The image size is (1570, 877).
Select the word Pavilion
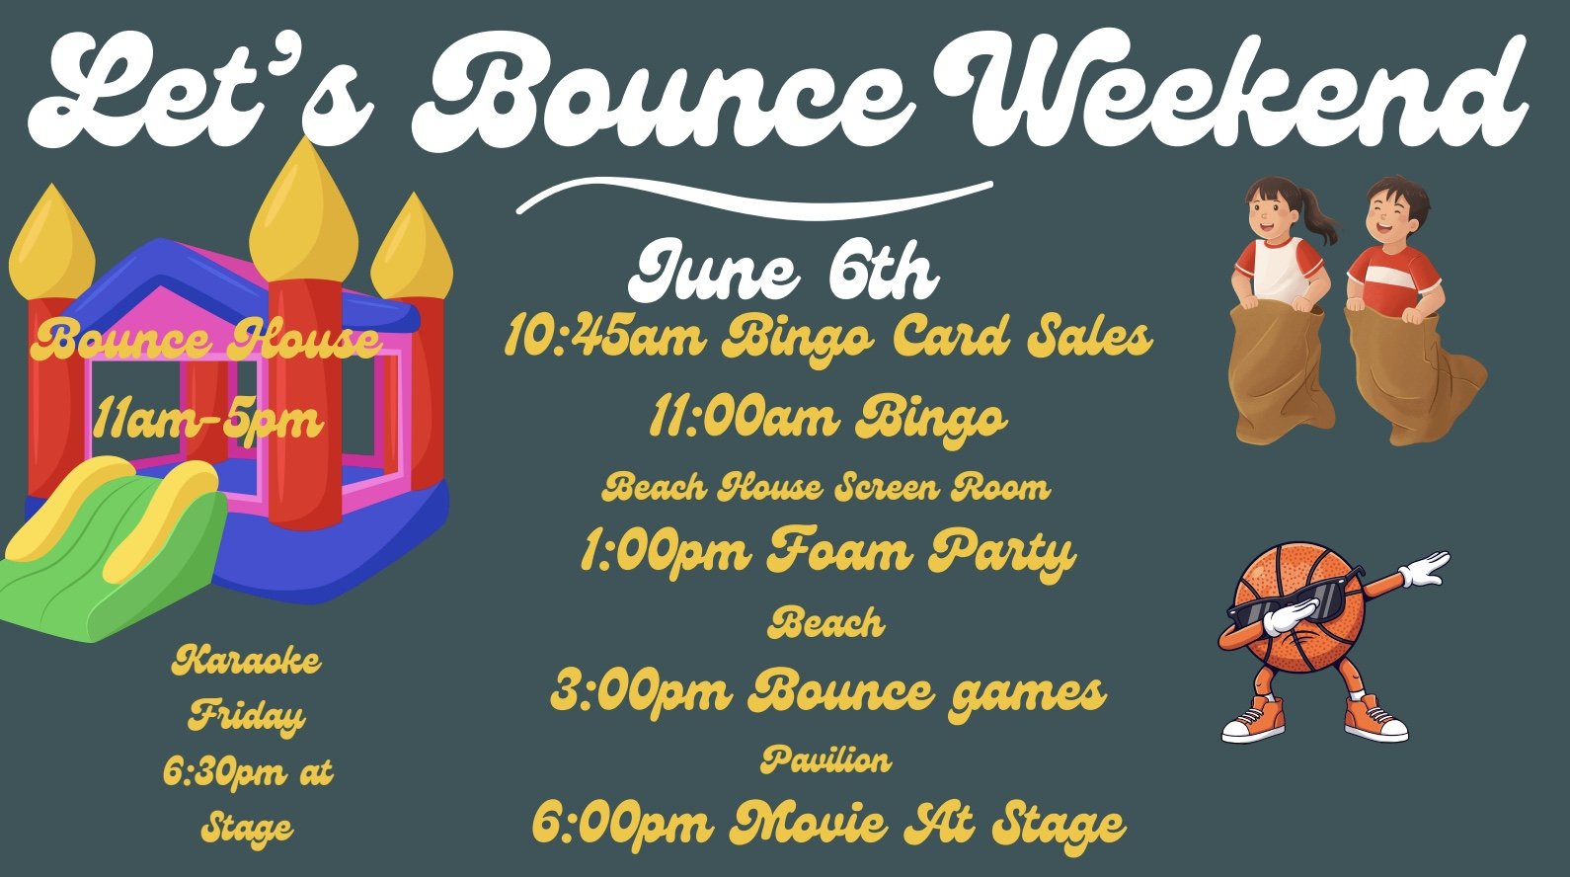(x=825, y=759)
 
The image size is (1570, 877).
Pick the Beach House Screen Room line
(x=825, y=487)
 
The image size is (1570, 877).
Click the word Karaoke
(x=247, y=660)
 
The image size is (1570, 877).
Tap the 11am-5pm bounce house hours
(x=208, y=421)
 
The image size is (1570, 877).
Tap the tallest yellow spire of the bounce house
(x=302, y=212)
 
